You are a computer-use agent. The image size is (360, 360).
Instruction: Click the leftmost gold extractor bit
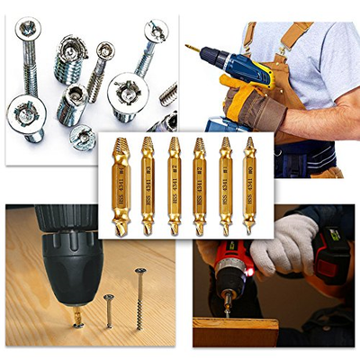(x=120, y=184)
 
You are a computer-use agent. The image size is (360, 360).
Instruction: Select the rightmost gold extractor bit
(x=249, y=184)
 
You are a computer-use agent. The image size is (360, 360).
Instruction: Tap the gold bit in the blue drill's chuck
(x=192, y=46)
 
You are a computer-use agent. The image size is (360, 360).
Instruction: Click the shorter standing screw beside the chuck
(x=109, y=310)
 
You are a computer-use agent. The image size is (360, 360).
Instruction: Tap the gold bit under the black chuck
(x=78, y=318)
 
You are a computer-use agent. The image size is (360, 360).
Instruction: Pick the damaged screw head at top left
(x=28, y=29)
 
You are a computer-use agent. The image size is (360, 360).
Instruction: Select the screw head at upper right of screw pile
(x=156, y=32)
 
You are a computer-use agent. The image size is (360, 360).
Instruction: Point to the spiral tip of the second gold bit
(x=146, y=144)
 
